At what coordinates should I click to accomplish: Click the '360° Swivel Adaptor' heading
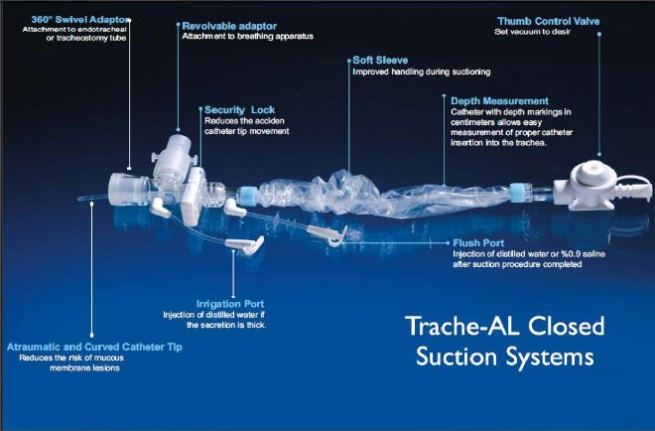(x=79, y=20)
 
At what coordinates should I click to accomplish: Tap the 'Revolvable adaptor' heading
(x=229, y=26)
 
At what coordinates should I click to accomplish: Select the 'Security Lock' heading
(x=239, y=110)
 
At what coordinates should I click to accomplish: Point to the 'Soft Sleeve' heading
(x=380, y=61)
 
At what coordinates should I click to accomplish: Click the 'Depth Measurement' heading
(x=499, y=101)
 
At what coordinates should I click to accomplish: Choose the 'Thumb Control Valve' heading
(x=549, y=21)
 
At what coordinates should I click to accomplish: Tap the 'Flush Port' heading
(x=478, y=243)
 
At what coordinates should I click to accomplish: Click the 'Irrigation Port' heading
(x=230, y=304)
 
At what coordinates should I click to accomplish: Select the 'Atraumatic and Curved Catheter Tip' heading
(x=94, y=347)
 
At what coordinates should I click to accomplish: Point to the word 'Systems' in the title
(x=549, y=357)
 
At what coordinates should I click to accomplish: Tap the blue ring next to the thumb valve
(x=518, y=193)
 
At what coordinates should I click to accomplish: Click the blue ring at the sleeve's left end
(x=248, y=196)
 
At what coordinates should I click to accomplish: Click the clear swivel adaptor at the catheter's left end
(x=128, y=190)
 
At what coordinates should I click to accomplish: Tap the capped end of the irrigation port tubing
(x=246, y=244)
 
